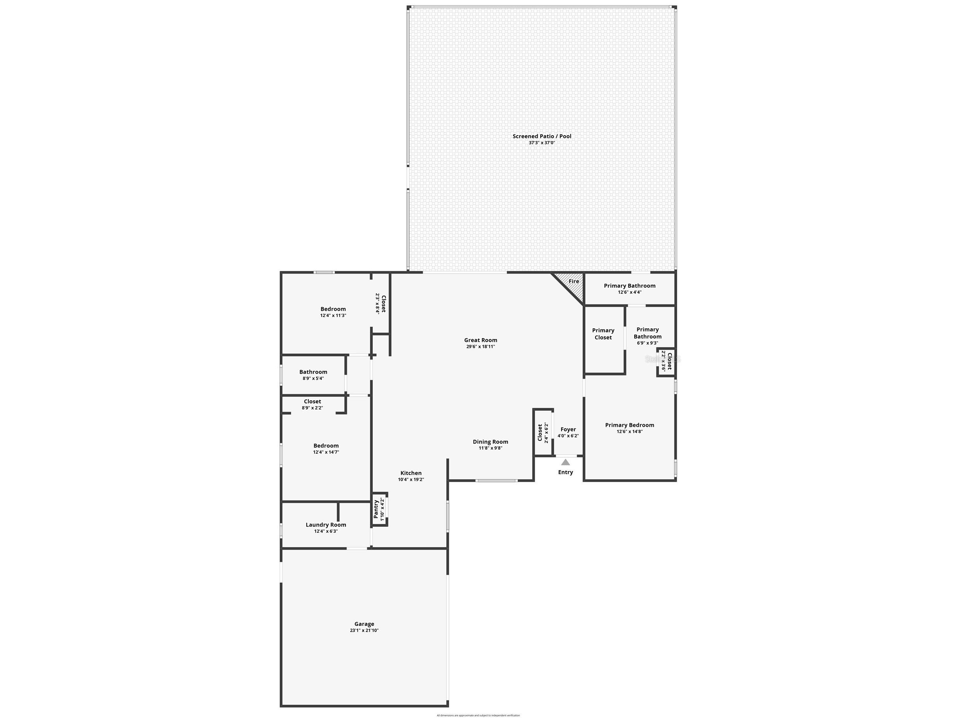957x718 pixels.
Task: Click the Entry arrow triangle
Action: [x=565, y=462]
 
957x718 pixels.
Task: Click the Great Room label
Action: [x=480, y=340]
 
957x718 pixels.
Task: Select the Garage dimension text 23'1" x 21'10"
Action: [x=364, y=630]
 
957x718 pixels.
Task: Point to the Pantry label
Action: [x=376, y=509]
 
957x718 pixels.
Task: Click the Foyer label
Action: [x=568, y=429]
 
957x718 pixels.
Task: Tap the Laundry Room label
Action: [x=326, y=525]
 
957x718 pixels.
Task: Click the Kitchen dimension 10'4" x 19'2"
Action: [x=411, y=480]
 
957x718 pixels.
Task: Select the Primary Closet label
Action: [x=603, y=334]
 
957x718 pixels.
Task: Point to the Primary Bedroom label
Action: [x=630, y=425]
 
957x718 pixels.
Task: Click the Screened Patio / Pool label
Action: [x=542, y=136]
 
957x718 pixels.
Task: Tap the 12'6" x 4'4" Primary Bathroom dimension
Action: [x=630, y=292]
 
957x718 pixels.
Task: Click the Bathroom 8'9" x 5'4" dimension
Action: [x=313, y=378]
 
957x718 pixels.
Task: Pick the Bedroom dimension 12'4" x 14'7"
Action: [x=326, y=452]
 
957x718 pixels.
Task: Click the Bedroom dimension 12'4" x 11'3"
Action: [x=333, y=315]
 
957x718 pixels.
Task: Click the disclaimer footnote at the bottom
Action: [x=478, y=715]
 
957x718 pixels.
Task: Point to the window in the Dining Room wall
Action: [x=496, y=480]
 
